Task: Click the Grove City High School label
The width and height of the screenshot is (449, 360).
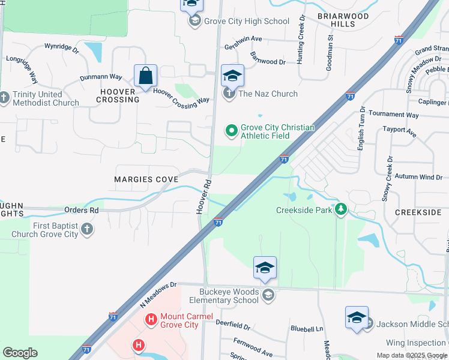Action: [x=247, y=22]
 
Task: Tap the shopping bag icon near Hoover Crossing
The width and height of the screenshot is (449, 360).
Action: [x=145, y=76]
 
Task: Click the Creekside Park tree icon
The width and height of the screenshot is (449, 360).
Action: [x=342, y=209]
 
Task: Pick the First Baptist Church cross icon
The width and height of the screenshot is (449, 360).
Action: [x=87, y=230]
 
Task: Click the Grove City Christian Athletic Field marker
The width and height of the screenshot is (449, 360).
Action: [x=231, y=130]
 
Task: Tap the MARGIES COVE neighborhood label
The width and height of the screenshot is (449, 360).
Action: [x=147, y=180]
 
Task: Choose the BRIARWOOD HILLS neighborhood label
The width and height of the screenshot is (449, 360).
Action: [x=336, y=20]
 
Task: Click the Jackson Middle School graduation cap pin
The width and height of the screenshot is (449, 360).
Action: [x=357, y=318]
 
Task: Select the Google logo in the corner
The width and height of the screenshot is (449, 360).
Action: [x=20, y=353]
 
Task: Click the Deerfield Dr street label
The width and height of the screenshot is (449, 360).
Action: [x=233, y=325]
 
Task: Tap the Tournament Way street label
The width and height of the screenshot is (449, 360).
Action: [x=393, y=114]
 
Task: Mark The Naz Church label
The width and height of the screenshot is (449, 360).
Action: [x=268, y=94]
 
